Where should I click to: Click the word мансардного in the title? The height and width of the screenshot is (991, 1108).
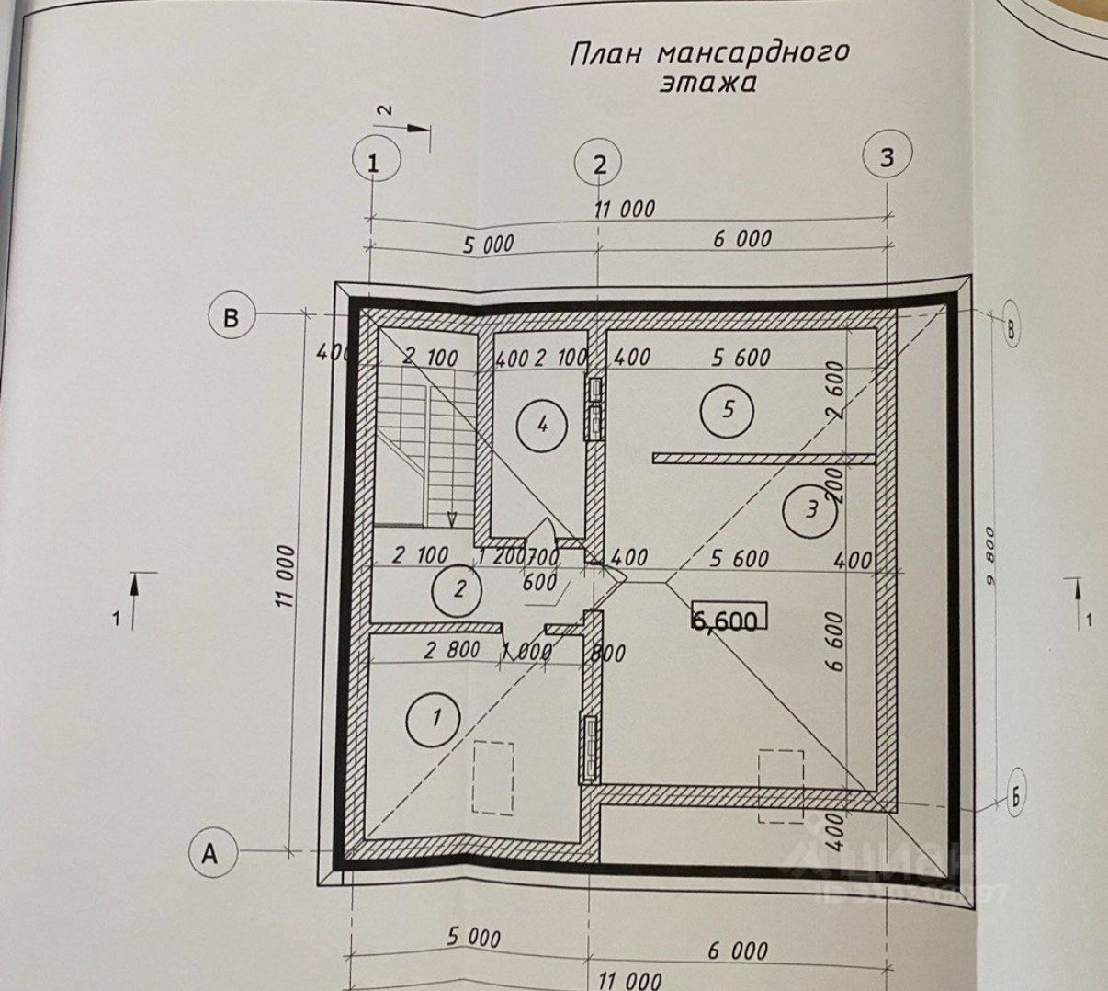(753, 52)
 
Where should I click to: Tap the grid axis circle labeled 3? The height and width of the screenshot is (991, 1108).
(886, 157)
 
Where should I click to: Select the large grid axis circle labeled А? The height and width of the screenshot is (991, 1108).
(210, 854)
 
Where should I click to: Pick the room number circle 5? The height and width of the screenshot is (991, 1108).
(728, 409)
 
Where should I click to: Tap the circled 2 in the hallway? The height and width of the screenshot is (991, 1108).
(460, 588)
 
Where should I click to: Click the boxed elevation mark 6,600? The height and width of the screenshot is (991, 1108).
(726, 621)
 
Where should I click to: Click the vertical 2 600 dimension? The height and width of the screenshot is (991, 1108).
(836, 390)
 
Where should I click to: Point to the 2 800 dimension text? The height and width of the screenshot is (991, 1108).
(451, 649)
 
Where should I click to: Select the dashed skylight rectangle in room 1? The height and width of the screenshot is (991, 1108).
(492, 778)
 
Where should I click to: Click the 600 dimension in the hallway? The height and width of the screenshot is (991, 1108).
(539, 582)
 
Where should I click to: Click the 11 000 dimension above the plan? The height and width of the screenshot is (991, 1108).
(625, 210)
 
